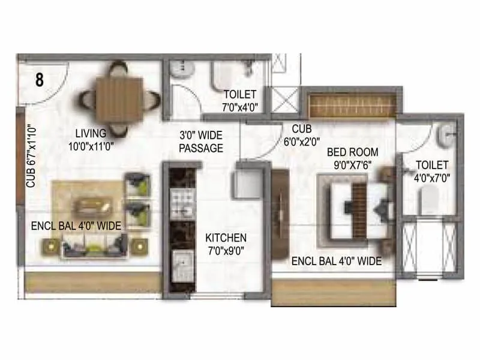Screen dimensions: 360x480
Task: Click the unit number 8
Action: tap(39, 80)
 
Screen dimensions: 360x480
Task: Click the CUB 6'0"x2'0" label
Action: tap(301, 135)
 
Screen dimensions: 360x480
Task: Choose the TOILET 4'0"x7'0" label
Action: tap(431, 171)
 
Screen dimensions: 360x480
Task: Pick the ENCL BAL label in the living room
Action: tap(76, 226)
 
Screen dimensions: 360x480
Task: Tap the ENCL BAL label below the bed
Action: tap(336, 261)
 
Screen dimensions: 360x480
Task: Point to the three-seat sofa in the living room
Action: tap(94, 245)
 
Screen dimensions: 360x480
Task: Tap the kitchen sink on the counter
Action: tap(180, 262)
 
